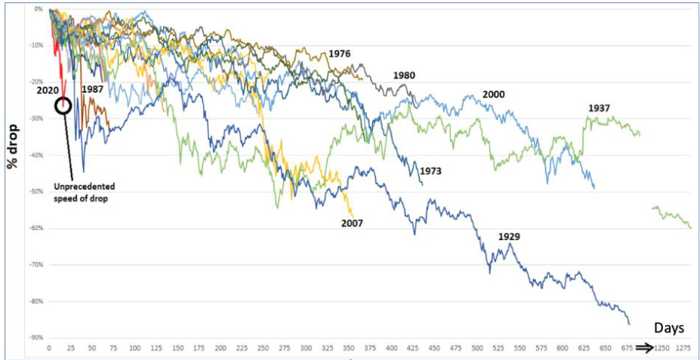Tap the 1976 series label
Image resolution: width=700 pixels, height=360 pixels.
coord(341,54)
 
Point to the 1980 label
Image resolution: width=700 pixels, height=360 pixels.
coord(403,75)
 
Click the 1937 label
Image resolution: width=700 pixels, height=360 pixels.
coord(599,109)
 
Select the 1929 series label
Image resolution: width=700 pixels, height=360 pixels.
coord(510,237)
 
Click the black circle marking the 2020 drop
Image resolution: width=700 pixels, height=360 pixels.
coord(63,106)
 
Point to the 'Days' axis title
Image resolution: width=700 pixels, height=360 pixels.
coord(669,328)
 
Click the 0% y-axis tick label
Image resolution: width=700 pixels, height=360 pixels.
coord(37,9)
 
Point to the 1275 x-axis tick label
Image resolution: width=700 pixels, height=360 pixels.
coord(683,349)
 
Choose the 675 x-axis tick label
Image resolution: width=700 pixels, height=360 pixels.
coord(627,349)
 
